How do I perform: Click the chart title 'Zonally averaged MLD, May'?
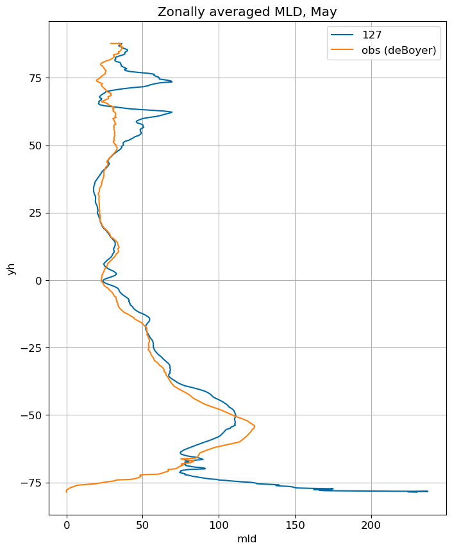coord(247,12)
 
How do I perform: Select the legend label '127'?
coord(372,35)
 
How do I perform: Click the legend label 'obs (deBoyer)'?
coord(399,50)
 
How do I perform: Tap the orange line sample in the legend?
coord(342,50)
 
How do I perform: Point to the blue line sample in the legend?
coord(342,35)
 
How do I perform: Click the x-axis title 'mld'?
coord(247,538)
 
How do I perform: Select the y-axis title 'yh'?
coord(12,269)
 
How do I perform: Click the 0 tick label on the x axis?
coord(67,526)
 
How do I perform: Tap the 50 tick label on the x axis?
coord(142,526)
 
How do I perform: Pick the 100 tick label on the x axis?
coord(219,526)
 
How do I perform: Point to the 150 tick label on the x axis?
coord(295,526)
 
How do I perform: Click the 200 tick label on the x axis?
coord(371,526)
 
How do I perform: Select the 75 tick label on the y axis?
coord(35,78)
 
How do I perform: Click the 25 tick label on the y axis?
coord(35,213)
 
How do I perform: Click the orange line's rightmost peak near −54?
coord(255,426)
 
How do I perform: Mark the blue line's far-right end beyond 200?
coord(428,492)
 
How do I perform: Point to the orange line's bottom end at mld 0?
coord(66,492)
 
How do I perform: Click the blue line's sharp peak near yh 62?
coord(172,112)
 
